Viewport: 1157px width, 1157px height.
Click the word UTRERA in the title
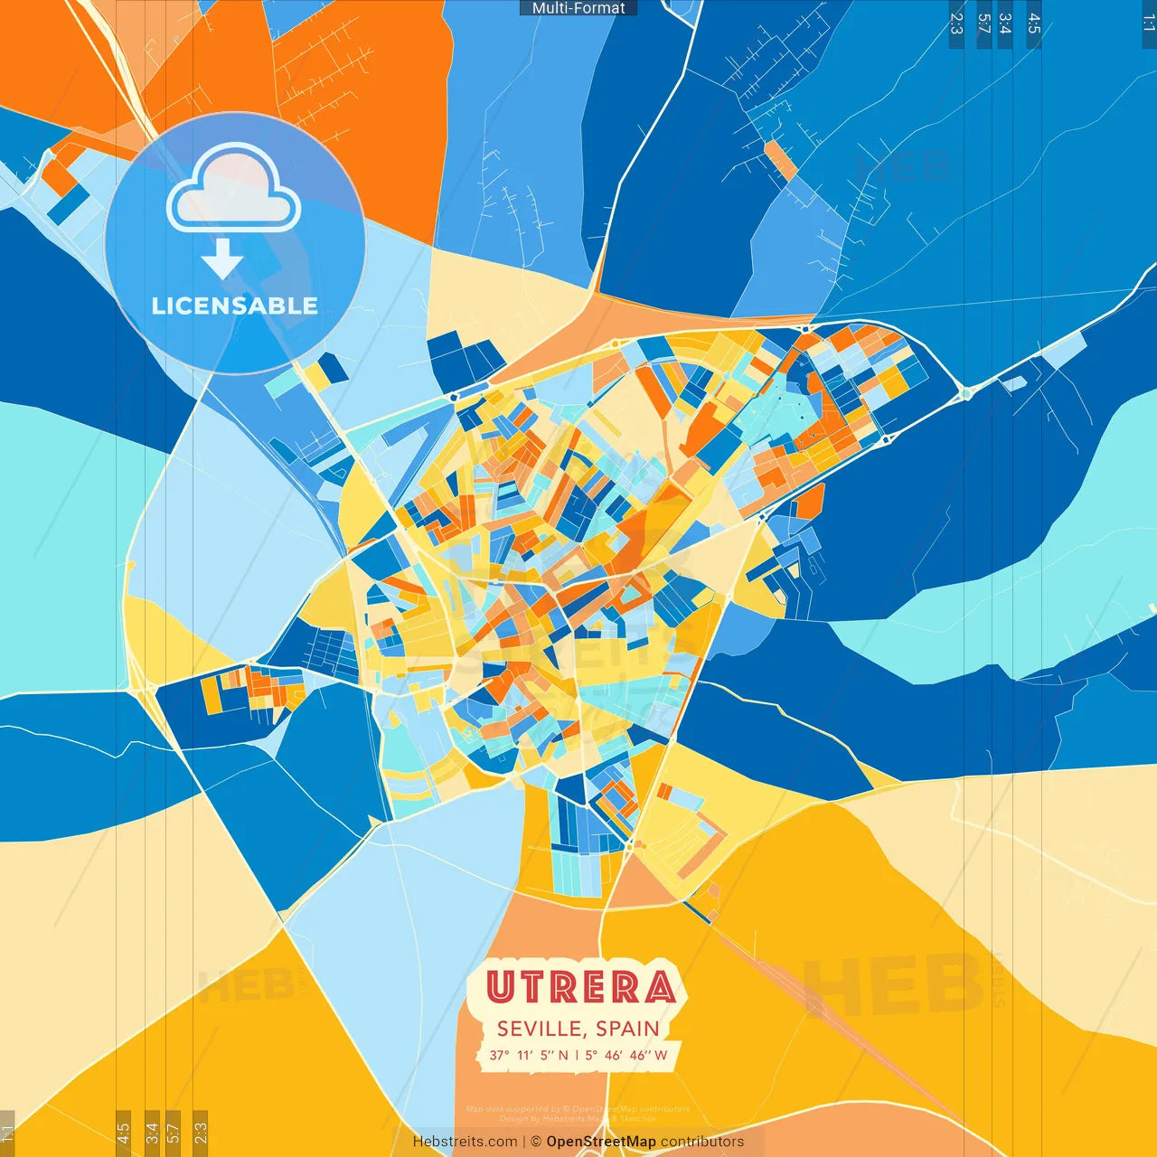pos(580,987)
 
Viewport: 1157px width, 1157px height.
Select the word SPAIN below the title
pos(626,1029)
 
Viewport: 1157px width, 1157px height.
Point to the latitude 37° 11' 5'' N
pos(530,1055)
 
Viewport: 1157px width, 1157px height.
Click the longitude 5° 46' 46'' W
pos(626,1055)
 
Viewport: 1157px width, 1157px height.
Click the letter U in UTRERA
pos(500,987)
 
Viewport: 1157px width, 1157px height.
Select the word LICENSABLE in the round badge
pos(235,306)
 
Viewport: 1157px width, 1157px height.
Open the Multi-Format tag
pos(578,8)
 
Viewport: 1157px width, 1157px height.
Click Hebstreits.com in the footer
pos(465,1142)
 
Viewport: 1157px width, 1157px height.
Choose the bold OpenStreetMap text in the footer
pos(601,1142)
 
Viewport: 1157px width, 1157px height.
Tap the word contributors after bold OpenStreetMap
pos(702,1142)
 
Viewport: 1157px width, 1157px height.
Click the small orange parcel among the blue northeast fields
pos(780,160)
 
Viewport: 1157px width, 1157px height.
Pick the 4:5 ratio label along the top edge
pos(1034,24)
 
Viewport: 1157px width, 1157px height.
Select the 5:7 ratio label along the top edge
pos(983,24)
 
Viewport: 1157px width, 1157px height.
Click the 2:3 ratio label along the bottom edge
pos(201,1132)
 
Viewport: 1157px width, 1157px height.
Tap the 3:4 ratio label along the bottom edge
pos(152,1132)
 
